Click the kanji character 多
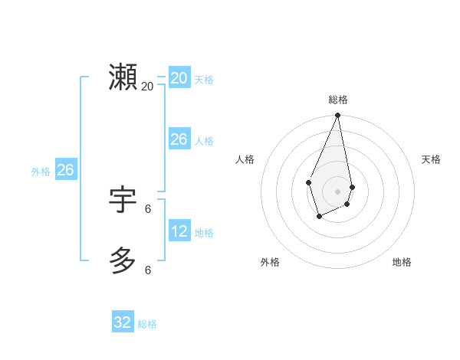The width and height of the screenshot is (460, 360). tap(123, 260)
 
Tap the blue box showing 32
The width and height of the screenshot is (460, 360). tap(123, 322)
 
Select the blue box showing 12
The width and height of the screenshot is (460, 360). tap(179, 231)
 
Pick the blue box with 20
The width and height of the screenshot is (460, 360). tap(179, 77)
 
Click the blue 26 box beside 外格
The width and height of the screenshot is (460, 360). tap(65, 170)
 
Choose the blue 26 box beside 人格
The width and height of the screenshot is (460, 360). tap(179, 139)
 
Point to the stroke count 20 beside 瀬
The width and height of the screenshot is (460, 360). tap(148, 86)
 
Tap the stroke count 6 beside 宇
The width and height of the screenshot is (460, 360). tap(148, 208)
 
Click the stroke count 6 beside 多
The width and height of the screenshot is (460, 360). tap(148, 270)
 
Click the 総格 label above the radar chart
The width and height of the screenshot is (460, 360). tap(338, 100)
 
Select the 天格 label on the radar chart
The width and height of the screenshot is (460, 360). tap(431, 159)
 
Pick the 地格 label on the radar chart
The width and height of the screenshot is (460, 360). tap(402, 262)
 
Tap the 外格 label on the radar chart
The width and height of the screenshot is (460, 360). tap(270, 262)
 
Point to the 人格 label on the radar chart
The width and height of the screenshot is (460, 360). tap(245, 159)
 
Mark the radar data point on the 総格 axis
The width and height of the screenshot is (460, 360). tap(338, 116)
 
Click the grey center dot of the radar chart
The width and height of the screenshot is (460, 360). tap(338, 191)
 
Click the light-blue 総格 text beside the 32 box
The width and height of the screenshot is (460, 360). tap(147, 324)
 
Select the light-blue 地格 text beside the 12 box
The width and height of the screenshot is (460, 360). tap(204, 232)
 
